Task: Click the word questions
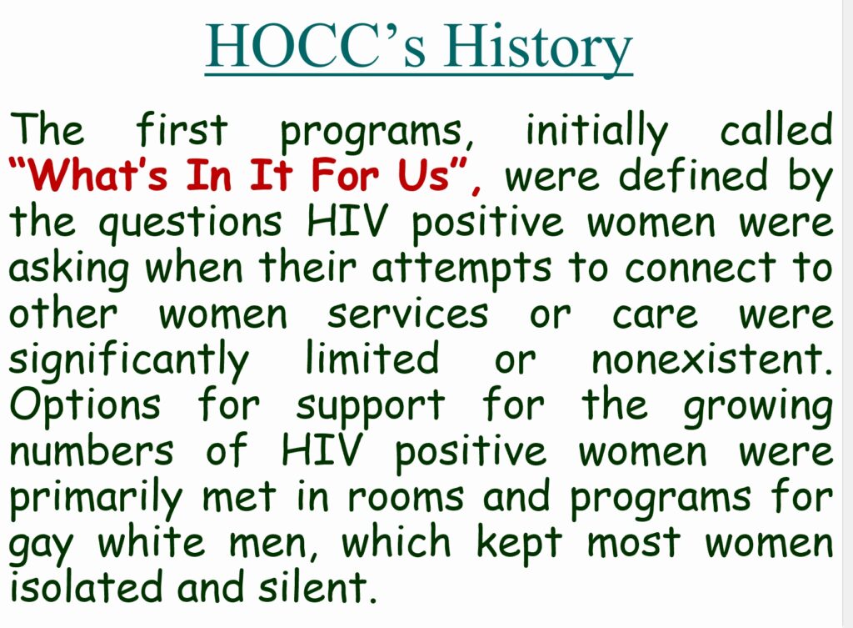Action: pos(190,224)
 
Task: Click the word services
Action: pos(407,315)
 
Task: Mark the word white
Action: pos(152,542)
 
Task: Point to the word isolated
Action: pos(86,587)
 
